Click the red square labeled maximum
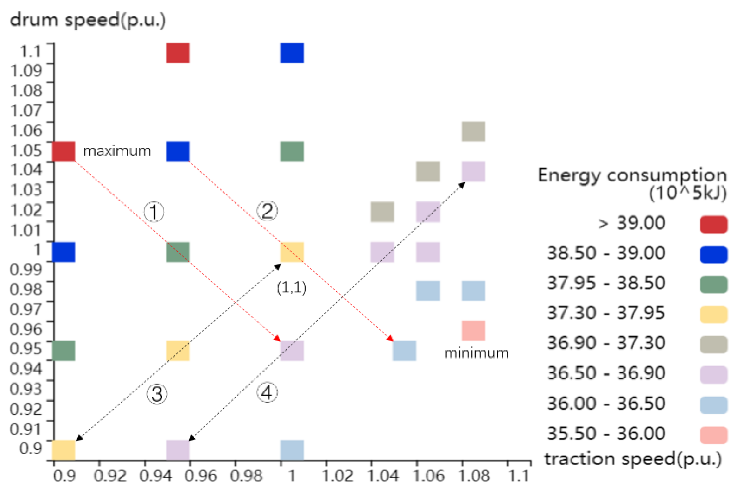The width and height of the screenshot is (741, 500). [64, 152]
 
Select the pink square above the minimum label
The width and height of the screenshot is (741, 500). [473, 331]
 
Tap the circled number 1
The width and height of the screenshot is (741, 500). [154, 212]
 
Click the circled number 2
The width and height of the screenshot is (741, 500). [267, 210]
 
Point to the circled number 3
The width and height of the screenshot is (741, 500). [156, 394]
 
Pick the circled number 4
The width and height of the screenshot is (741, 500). [267, 392]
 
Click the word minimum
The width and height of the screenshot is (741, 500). [476, 353]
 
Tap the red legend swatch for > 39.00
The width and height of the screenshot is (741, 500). [714, 224]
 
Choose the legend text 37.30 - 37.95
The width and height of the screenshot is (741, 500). [606, 313]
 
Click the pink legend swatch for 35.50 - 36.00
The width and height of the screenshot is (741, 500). [714, 435]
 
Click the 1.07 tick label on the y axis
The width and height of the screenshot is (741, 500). [26, 110]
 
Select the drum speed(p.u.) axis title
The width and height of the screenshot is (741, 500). [88, 20]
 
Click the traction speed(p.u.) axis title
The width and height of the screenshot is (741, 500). [633, 459]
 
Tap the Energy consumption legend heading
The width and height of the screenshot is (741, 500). [632, 184]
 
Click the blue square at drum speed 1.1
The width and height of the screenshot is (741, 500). [292, 53]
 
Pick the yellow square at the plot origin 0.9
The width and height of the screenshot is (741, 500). [64, 450]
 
